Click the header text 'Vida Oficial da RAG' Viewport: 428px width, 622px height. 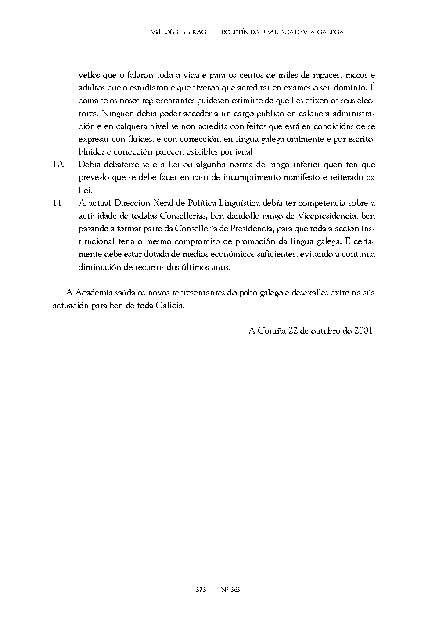point(178,32)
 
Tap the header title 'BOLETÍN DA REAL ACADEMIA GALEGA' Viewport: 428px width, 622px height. point(282,32)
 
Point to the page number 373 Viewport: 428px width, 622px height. point(201,590)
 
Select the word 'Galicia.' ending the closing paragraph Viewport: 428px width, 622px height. point(170,306)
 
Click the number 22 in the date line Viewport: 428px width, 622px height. point(293,331)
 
